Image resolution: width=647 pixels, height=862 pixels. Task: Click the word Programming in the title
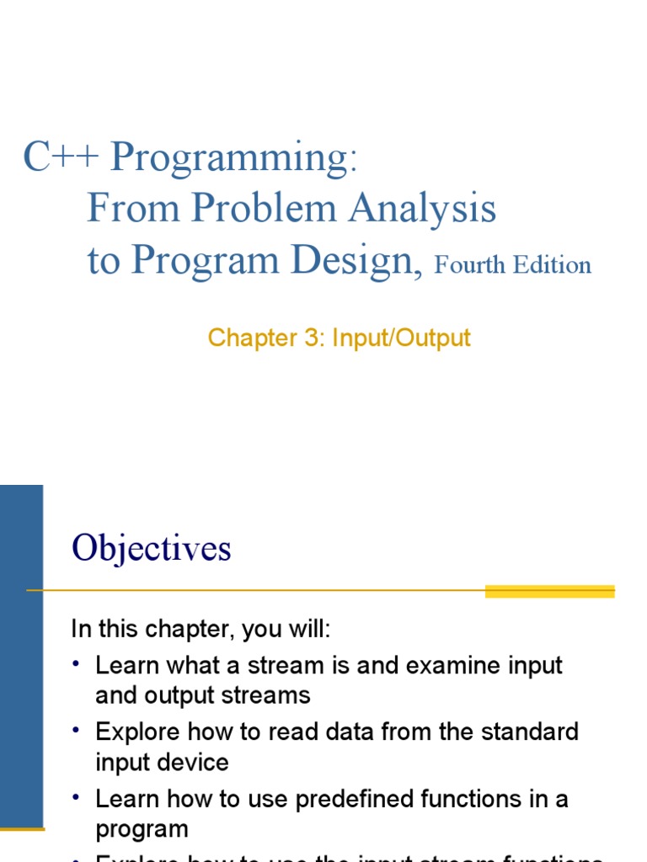point(228,158)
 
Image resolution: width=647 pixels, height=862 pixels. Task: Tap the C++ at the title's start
point(61,157)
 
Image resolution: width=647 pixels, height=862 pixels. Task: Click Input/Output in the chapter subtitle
point(401,338)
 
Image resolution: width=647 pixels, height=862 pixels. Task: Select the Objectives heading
point(152,549)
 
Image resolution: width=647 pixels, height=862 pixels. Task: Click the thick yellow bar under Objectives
point(549,592)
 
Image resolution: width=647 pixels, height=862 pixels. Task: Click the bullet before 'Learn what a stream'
point(77,665)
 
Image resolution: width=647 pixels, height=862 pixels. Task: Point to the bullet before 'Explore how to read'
point(77,731)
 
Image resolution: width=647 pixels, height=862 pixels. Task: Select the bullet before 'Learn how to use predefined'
point(77,797)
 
